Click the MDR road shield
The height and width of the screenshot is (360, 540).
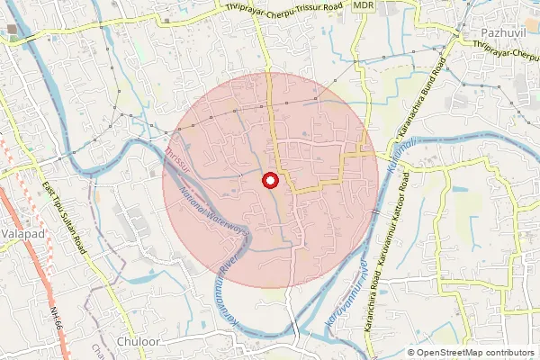(x=364, y=5)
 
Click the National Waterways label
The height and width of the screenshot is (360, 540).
(x=213, y=208)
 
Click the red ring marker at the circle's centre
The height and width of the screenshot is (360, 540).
(x=268, y=182)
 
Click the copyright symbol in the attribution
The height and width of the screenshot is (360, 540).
(x=411, y=353)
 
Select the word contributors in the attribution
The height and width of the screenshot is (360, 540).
(x=508, y=353)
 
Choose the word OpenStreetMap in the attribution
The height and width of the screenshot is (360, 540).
(x=448, y=353)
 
